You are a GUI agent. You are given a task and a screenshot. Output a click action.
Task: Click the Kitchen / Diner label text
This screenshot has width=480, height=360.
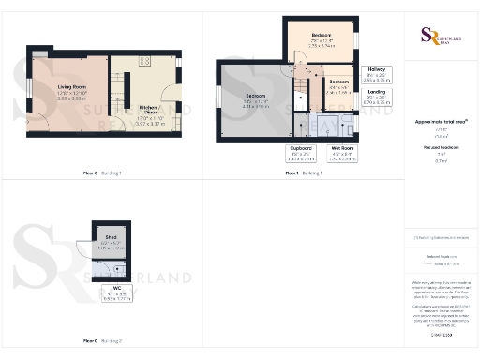[148, 108]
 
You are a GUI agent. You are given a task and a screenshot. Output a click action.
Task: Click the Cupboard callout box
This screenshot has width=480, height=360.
[300, 153]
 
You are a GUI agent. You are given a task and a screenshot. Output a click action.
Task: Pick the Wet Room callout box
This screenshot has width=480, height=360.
[341, 153]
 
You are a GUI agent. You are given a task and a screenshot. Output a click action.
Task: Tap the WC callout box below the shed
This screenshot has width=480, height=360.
[117, 293]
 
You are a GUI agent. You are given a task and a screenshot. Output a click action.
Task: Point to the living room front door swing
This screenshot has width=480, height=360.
[116, 125]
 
